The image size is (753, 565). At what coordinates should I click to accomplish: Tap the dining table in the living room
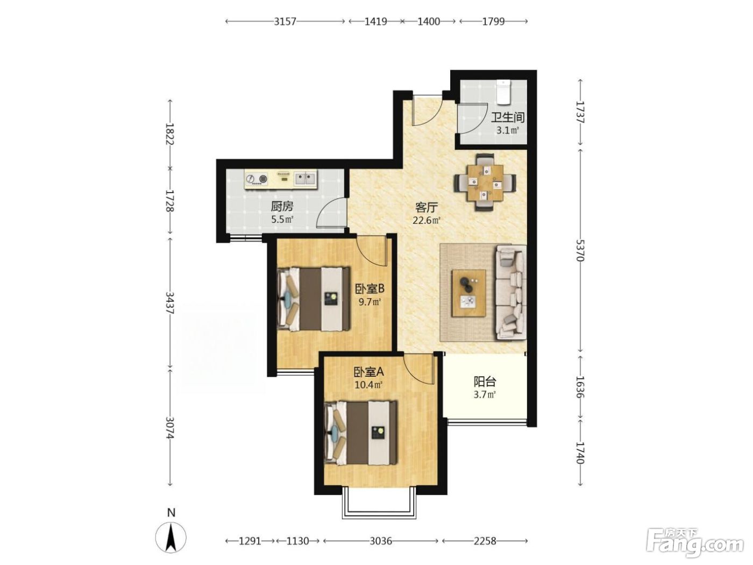pyautogui.click(x=485, y=183)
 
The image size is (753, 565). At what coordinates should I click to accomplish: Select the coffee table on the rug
pyautogui.click(x=468, y=293)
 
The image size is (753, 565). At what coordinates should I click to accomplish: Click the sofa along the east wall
pyautogui.click(x=510, y=292)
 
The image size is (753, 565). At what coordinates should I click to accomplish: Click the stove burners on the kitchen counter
pyautogui.click(x=257, y=179)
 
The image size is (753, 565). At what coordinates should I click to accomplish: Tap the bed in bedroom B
pyautogui.click(x=314, y=299)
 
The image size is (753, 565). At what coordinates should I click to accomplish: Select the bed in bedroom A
pyautogui.click(x=361, y=432)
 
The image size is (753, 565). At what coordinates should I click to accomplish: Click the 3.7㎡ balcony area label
pyautogui.click(x=485, y=394)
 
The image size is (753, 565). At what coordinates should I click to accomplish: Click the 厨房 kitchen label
pyautogui.click(x=282, y=207)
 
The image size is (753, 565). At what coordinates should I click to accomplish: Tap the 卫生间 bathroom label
pyautogui.click(x=507, y=118)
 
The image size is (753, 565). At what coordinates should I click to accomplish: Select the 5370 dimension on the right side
pyautogui.click(x=579, y=250)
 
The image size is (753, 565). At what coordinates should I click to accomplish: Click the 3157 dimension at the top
pyautogui.click(x=285, y=22)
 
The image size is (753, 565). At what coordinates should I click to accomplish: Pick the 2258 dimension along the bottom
pyautogui.click(x=485, y=541)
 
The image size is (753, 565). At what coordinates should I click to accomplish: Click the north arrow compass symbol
pyautogui.click(x=171, y=538)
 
